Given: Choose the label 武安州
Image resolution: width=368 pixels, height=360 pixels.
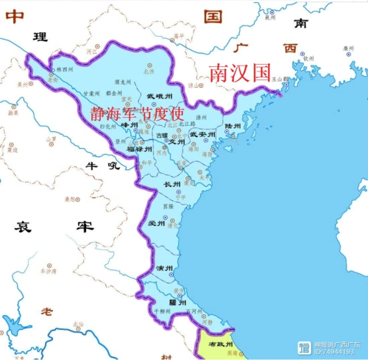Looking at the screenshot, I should pyautogui.click(x=202, y=134).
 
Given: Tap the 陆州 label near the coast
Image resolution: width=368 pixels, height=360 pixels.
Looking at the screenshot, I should pyautogui.click(x=233, y=127).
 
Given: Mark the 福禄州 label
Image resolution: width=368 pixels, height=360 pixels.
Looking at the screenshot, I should pyautogui.click(x=139, y=149).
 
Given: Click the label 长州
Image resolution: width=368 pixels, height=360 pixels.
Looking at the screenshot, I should pyautogui.click(x=172, y=184).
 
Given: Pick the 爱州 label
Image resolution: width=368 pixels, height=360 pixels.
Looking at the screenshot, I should pyautogui.click(x=156, y=223).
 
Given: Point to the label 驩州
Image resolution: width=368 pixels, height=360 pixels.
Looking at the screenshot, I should pyautogui.click(x=177, y=302).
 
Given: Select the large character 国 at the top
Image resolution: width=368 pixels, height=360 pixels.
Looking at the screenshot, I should pyautogui.click(x=213, y=15).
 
